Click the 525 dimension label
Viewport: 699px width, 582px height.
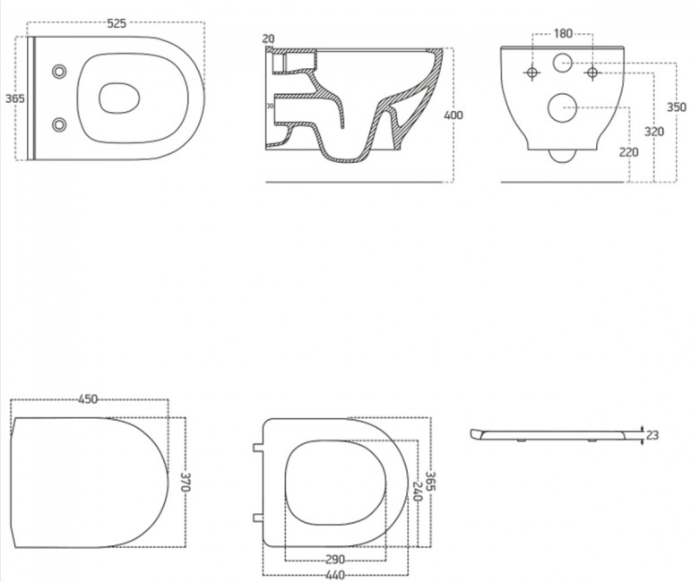coord(116,23)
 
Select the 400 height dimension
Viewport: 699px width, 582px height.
coord(453,116)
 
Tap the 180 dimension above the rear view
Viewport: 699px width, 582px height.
coord(563,33)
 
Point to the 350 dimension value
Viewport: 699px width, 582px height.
coord(677,107)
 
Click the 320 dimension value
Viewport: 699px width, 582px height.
coord(654,132)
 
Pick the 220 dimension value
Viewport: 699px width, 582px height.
coord(628,152)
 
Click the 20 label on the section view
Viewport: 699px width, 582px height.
coord(268,39)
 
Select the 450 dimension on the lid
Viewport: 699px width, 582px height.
coord(88,399)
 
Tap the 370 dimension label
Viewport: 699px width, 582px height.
coord(186,483)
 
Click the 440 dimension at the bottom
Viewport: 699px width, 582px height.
coord(335,576)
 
